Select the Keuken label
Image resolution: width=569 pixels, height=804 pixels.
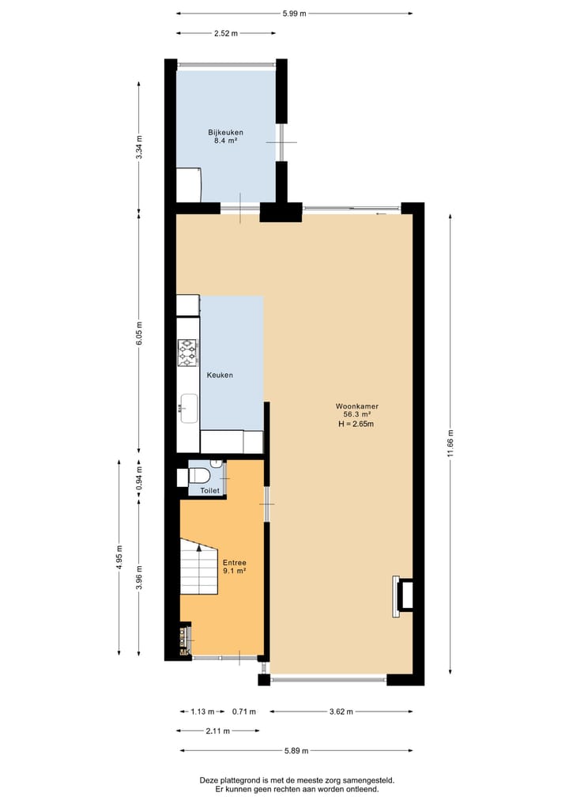click(220, 375)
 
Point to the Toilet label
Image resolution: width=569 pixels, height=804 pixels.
click(209, 491)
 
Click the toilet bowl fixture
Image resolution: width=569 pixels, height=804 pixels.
click(198, 476)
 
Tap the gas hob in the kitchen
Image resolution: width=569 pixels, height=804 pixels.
click(187, 353)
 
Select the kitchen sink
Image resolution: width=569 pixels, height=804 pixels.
click(189, 408)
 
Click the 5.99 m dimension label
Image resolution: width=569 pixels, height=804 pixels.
click(295, 13)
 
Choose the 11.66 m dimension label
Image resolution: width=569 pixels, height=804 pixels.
click(450, 443)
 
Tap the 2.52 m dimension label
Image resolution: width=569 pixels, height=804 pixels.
click(225, 34)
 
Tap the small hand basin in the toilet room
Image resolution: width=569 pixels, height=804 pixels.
click(217, 463)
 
